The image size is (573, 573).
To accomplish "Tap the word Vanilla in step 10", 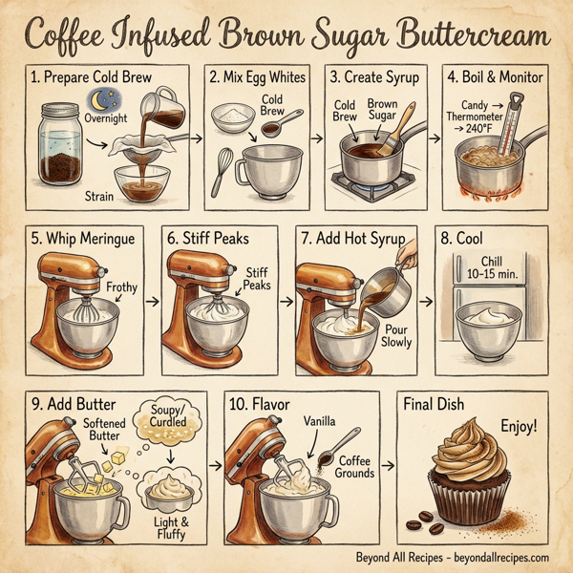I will [x=323, y=421].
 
